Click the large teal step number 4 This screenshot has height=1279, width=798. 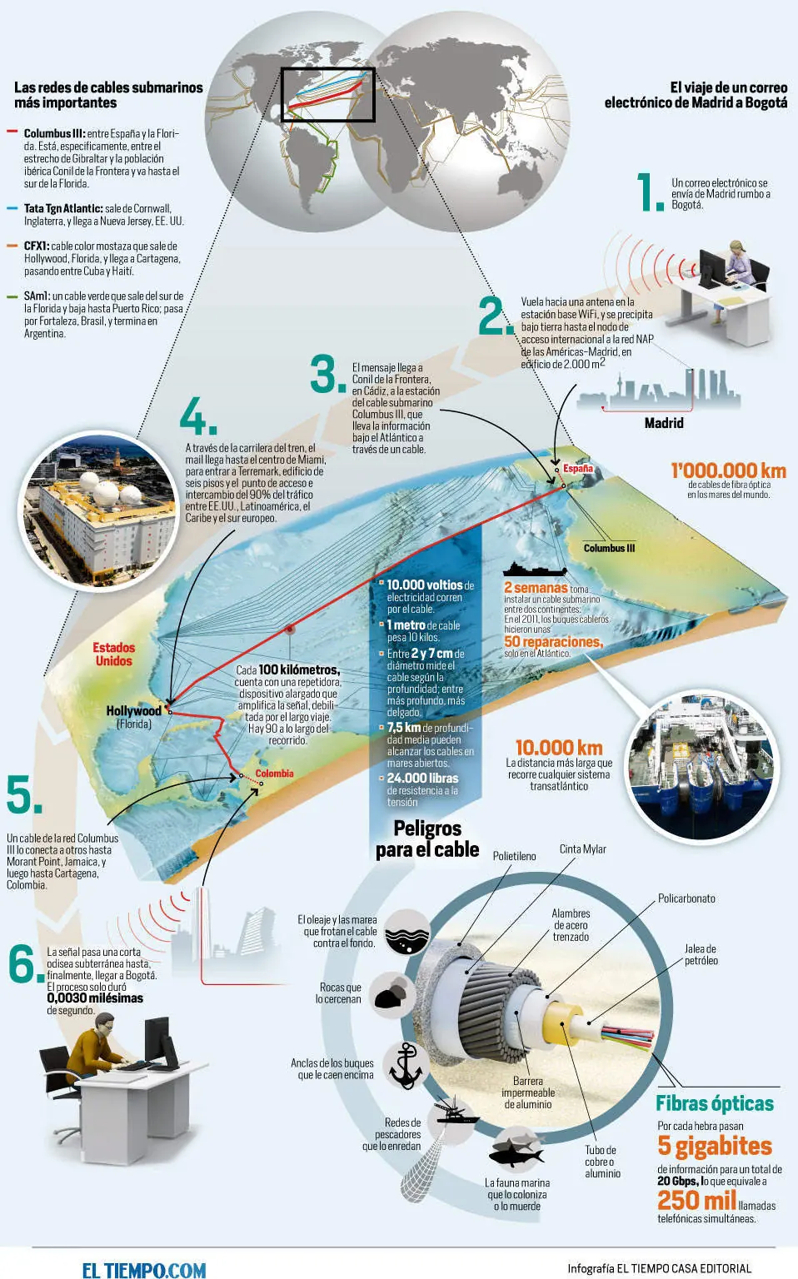point(197,416)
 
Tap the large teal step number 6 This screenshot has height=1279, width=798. point(26,963)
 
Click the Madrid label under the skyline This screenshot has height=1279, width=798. point(664,423)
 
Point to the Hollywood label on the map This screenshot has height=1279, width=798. point(133,711)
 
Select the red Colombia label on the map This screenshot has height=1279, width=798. point(274,774)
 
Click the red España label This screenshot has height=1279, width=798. point(578,469)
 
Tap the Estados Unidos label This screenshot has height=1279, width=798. point(113,654)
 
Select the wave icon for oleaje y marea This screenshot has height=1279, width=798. point(406,933)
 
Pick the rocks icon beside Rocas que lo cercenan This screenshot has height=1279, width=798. point(391,996)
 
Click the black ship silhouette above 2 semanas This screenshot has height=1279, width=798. point(535,570)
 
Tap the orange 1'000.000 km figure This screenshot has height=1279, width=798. point(729,470)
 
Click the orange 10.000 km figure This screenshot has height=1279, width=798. point(559,748)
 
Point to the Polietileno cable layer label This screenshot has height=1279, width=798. point(514,856)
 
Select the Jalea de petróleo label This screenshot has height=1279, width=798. point(701,955)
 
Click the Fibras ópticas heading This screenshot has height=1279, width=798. point(715,1103)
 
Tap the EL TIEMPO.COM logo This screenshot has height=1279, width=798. point(144,1269)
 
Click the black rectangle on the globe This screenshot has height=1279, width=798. point(327,95)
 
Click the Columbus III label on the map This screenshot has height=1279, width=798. point(609,548)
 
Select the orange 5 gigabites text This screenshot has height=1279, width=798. point(715,1146)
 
